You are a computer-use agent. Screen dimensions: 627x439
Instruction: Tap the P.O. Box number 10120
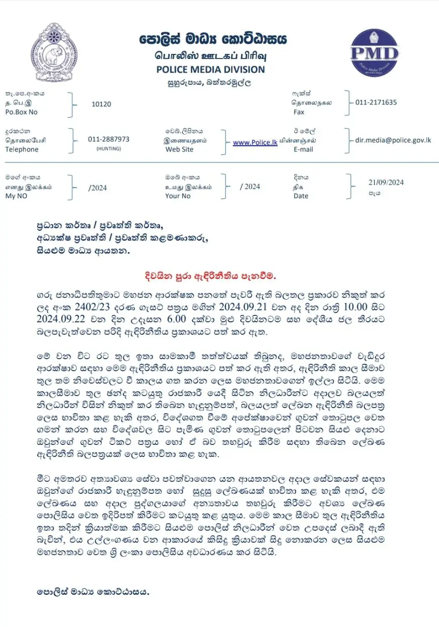101,104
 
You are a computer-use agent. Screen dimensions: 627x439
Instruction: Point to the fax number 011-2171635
376,102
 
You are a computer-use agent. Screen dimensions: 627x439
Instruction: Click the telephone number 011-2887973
108,139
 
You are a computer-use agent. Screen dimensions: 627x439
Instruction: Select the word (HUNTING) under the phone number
108,149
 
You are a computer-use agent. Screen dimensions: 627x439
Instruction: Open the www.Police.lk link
255,143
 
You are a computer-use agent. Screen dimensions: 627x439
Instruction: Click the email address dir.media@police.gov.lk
393,140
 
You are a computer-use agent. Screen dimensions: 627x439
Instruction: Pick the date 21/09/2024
386,183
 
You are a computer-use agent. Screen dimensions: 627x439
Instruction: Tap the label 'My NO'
16,196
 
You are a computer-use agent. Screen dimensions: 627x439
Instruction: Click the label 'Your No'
178,196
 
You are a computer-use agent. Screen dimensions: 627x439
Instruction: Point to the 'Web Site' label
179,149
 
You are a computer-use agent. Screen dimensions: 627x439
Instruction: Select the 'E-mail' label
303,149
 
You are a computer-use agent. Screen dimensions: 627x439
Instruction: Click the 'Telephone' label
22,149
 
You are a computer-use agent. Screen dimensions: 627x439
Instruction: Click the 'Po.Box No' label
21,112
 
